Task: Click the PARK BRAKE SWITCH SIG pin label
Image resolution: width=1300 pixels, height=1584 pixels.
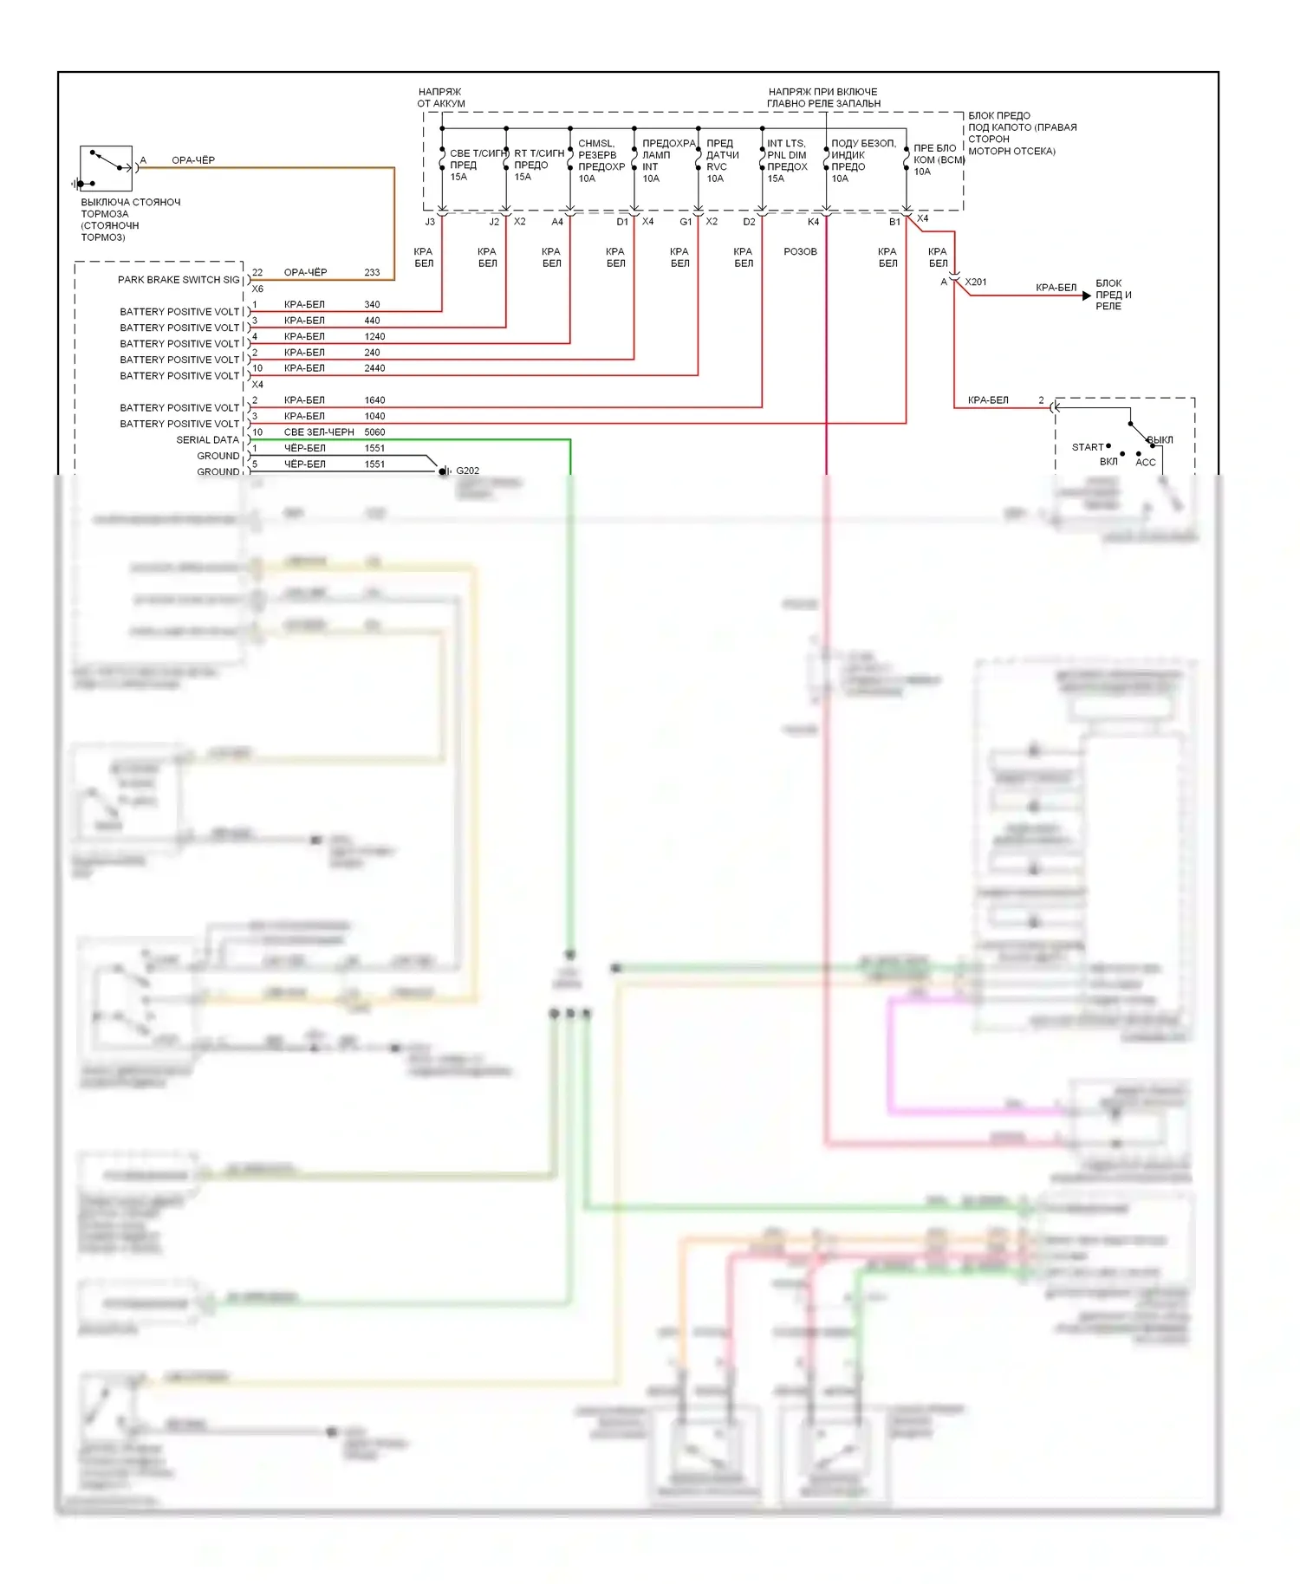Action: point(179,280)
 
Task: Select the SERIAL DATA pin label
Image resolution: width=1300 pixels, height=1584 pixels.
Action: point(207,440)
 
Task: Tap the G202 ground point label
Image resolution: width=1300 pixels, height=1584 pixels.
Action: point(467,471)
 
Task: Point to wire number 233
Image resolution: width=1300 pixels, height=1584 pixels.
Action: point(372,273)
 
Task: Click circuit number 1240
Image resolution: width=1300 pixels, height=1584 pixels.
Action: point(374,337)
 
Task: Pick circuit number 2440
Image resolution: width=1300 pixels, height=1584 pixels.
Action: point(374,368)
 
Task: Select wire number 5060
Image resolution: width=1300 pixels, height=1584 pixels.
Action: point(374,432)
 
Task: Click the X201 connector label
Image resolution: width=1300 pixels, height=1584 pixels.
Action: point(976,282)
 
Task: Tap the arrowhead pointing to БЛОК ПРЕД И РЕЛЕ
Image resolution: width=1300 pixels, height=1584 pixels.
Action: point(1086,295)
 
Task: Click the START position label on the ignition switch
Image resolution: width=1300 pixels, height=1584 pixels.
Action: point(1088,448)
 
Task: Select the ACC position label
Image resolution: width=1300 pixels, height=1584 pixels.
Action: point(1146,463)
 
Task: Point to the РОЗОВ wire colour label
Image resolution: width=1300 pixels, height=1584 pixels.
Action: point(800,252)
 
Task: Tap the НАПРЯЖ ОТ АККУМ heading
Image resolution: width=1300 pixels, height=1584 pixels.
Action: point(441,98)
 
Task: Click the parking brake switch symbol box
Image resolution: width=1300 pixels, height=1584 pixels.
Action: point(106,169)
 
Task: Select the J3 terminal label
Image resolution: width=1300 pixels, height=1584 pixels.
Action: point(430,223)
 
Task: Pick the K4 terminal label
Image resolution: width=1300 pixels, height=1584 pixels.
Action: point(813,223)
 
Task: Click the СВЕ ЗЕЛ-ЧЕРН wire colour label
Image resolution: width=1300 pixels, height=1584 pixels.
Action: point(319,432)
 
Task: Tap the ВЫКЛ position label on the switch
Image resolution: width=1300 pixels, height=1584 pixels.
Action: point(1160,440)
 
